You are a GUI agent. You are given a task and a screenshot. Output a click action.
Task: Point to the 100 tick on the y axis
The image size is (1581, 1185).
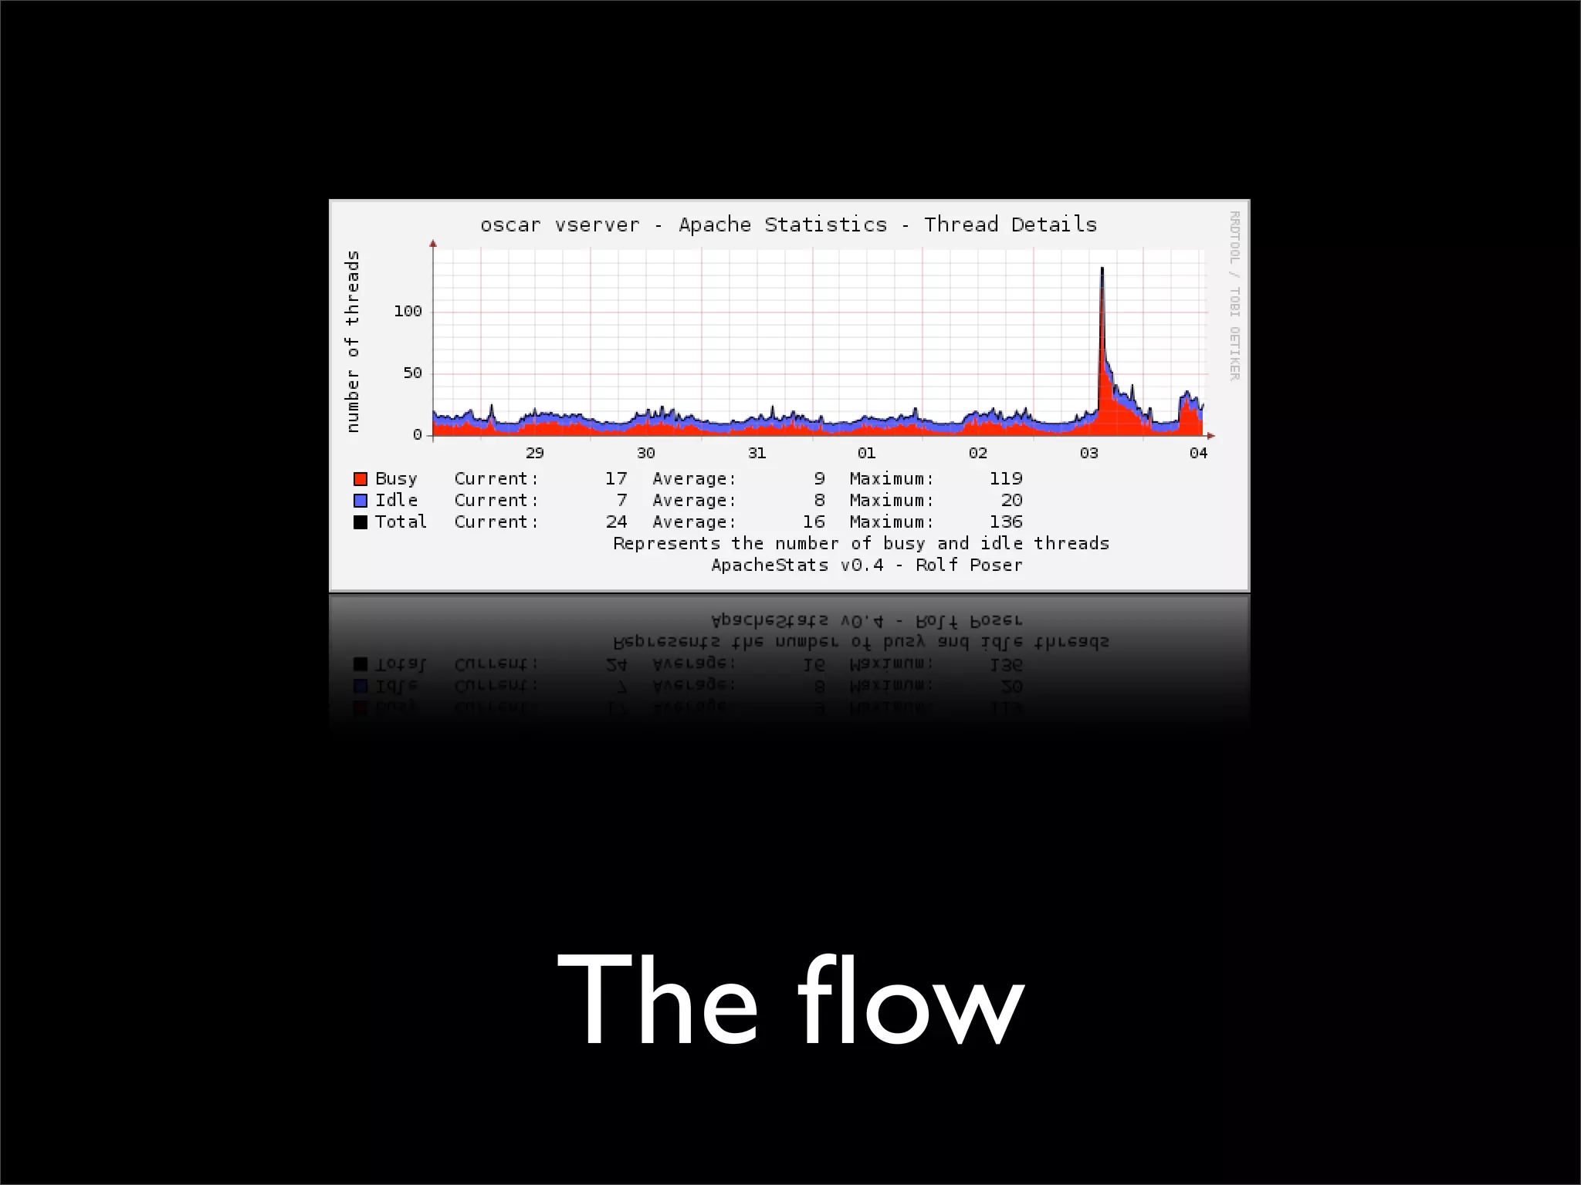pyautogui.click(x=408, y=311)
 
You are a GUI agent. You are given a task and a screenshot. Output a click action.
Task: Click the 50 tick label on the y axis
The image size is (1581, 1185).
pyautogui.click(x=412, y=373)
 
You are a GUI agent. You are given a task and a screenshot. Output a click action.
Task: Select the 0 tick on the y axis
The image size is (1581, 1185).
pyautogui.click(x=418, y=435)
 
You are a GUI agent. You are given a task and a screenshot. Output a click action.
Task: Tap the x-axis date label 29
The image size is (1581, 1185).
pyautogui.click(x=534, y=453)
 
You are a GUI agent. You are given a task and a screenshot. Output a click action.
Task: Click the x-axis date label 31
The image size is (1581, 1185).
pyautogui.click(x=757, y=453)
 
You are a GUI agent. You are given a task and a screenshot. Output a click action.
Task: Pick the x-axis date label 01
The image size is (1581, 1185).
pyautogui.click(x=866, y=453)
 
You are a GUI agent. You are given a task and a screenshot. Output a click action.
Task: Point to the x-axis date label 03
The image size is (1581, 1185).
pyautogui.click(x=1088, y=453)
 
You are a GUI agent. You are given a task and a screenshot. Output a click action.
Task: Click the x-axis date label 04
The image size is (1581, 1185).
pyautogui.click(x=1198, y=453)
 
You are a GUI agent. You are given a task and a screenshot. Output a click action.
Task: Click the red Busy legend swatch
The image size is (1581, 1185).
pyautogui.click(x=361, y=479)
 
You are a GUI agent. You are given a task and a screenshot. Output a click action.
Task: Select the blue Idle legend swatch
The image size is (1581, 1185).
pyautogui.click(x=361, y=501)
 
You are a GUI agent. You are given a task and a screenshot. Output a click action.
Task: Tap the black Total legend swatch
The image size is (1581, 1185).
pyautogui.click(x=361, y=522)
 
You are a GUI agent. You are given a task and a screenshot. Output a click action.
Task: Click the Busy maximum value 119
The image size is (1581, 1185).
pyautogui.click(x=1006, y=479)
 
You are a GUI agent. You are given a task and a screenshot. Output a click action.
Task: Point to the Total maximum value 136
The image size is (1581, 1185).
pyautogui.click(x=1006, y=522)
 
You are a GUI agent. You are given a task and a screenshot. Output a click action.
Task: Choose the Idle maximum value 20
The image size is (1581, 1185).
pyautogui.click(x=1011, y=501)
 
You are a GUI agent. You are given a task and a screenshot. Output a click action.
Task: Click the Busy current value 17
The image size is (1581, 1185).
pyautogui.click(x=616, y=479)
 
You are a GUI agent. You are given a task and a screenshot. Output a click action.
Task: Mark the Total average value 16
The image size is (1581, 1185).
pyautogui.click(x=814, y=522)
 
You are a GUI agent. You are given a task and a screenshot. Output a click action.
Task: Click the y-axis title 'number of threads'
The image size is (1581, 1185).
pyautogui.click(x=353, y=341)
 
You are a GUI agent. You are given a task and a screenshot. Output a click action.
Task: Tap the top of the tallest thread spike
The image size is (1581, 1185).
pyautogui.click(x=1102, y=268)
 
